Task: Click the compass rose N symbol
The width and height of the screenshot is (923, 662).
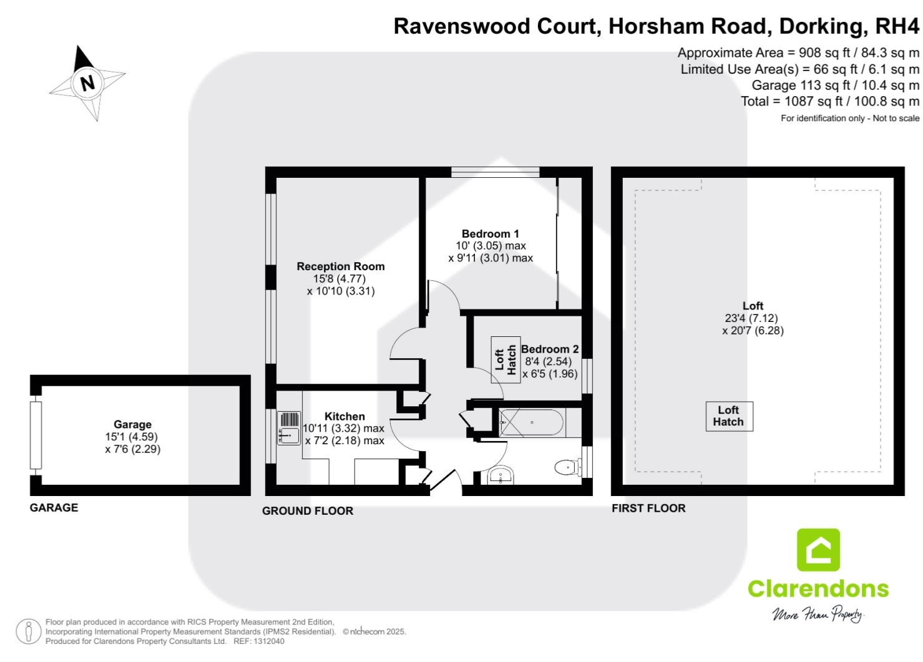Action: tap(87, 82)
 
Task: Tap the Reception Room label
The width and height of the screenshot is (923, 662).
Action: tap(340, 266)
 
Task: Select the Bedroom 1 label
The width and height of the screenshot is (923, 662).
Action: tap(490, 234)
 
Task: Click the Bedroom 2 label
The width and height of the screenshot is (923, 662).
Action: tap(550, 349)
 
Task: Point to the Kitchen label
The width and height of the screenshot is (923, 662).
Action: tap(344, 416)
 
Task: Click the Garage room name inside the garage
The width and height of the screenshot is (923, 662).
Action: tap(132, 424)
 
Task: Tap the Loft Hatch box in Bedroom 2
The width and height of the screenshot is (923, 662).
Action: tap(505, 360)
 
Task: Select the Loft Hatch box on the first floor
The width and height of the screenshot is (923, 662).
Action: tap(729, 416)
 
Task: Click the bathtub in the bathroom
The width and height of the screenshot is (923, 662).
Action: tap(532, 422)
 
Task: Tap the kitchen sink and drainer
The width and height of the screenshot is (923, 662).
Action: tap(289, 428)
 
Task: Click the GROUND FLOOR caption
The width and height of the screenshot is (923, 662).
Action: tap(308, 511)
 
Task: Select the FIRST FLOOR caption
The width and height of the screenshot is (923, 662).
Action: tap(648, 509)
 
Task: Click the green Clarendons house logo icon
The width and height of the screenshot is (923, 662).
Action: tap(818, 550)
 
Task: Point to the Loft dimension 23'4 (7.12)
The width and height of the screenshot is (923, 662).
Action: tap(751, 318)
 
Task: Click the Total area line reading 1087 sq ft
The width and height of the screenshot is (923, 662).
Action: tap(830, 101)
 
